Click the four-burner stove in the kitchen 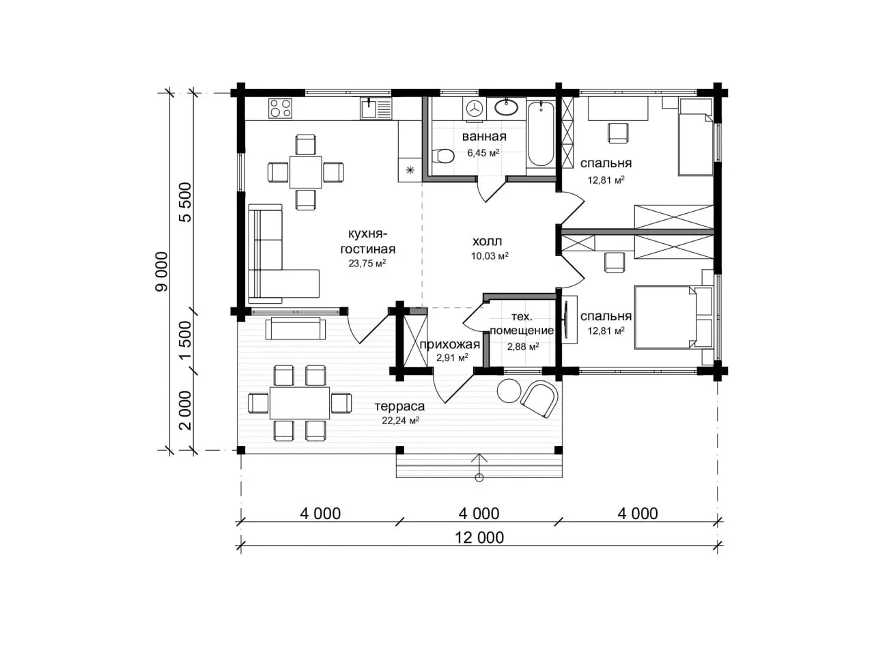(x=280, y=109)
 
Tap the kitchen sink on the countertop (x=376, y=109)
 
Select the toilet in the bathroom (x=442, y=156)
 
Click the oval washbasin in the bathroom (x=506, y=107)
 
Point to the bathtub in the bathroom (x=541, y=134)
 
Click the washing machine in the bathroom (x=475, y=109)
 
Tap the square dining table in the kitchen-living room (x=305, y=172)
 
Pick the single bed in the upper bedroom (x=696, y=137)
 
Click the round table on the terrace (x=509, y=391)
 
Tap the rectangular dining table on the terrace (x=300, y=402)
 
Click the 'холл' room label (x=487, y=242)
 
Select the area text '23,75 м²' (x=367, y=263)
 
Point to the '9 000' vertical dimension (x=162, y=272)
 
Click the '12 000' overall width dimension (x=479, y=538)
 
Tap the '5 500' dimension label (x=185, y=202)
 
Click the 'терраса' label (x=399, y=406)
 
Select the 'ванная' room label (x=484, y=137)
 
